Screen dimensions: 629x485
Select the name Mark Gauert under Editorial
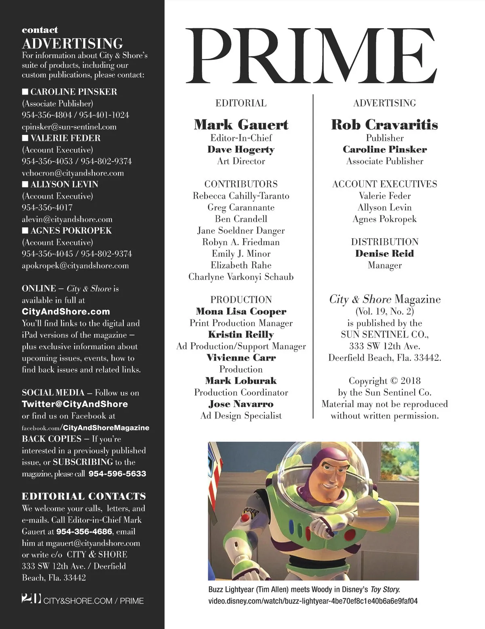(x=241, y=124)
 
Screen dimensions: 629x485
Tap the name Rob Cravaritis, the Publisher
(x=384, y=124)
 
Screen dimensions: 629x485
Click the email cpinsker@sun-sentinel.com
(x=69, y=127)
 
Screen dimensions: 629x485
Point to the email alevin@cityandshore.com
(x=67, y=220)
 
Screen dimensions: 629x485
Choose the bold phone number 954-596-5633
(x=117, y=474)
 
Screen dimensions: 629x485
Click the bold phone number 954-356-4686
(x=85, y=532)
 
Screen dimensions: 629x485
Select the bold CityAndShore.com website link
(x=66, y=312)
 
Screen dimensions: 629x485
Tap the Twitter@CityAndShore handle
(x=75, y=404)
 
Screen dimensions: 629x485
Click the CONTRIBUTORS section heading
(x=241, y=184)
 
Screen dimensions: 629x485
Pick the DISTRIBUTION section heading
(x=384, y=242)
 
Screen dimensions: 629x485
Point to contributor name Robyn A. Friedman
(x=241, y=242)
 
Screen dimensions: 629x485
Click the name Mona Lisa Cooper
(x=241, y=312)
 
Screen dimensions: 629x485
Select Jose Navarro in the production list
(x=241, y=404)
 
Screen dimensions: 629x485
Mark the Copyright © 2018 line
(x=384, y=381)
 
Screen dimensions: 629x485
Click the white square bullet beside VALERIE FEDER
(x=25, y=138)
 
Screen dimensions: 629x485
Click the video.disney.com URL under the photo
(x=313, y=601)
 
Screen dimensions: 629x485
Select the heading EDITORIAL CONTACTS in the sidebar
(x=84, y=496)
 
